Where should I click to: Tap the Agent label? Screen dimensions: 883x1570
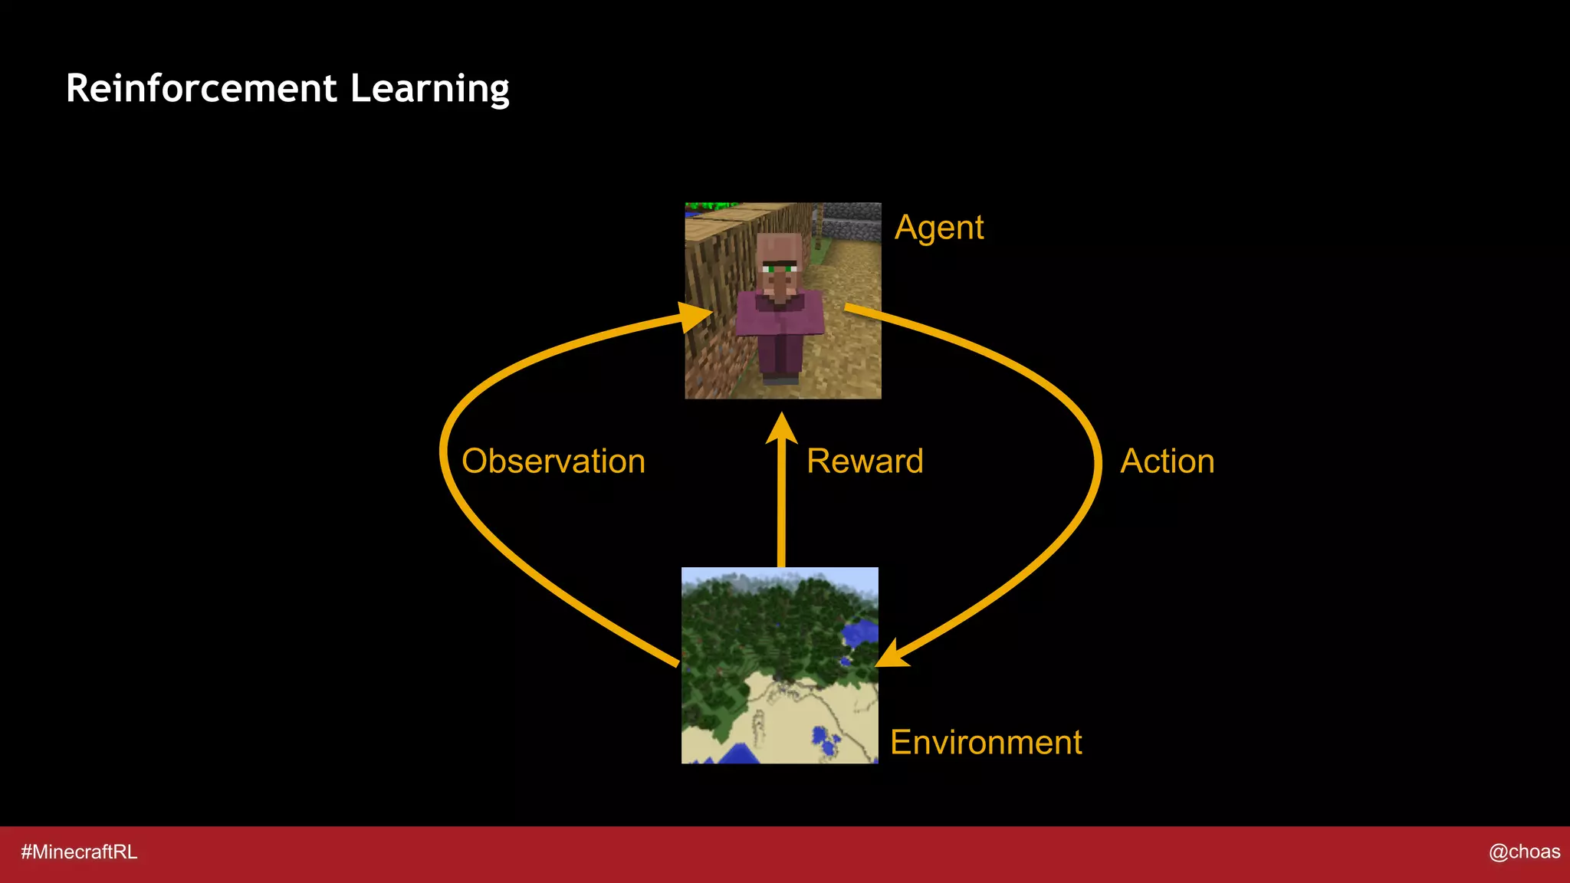coord(939,228)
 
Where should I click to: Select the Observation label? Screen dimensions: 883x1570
coord(553,461)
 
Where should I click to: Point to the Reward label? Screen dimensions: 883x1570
coord(865,461)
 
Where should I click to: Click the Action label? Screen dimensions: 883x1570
coord(1167,461)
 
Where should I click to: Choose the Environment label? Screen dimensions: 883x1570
coord(986,742)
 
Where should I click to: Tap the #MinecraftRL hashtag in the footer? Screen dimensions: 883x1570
coord(79,852)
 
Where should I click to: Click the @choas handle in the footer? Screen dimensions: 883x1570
coord(1524,852)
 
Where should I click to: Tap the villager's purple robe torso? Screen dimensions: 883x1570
coord(780,318)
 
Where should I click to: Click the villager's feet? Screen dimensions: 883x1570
coord(780,378)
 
